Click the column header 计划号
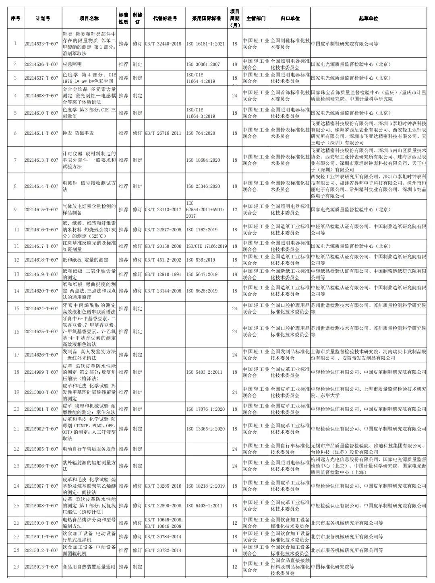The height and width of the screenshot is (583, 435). (43, 19)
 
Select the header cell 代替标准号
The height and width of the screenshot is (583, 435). (165, 19)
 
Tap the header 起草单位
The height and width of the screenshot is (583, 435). (368, 19)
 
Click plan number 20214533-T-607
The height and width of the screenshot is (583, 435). (41, 44)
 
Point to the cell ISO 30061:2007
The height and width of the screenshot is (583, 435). (203, 64)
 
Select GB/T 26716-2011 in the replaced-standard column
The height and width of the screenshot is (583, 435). (163, 133)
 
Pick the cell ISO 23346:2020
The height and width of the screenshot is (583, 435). (203, 186)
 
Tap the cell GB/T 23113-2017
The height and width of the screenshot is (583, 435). (163, 210)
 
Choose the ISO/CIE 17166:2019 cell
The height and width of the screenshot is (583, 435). (207, 246)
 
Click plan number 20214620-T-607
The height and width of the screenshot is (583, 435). (41, 291)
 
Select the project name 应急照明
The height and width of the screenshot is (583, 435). (72, 64)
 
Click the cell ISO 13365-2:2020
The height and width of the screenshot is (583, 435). (205, 429)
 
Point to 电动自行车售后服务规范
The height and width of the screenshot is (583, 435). (89, 449)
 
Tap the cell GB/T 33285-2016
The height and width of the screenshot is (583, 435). (163, 486)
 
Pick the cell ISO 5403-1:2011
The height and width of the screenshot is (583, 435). (204, 506)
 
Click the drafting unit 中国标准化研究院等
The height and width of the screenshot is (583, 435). (332, 567)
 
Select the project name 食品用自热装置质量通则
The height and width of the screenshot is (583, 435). (89, 567)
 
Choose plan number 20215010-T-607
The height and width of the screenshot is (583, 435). (41, 523)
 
